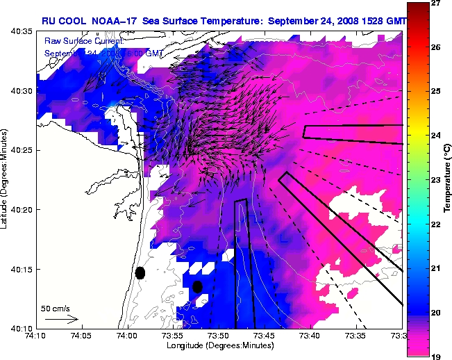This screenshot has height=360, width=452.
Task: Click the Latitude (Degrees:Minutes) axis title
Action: tap(6, 179)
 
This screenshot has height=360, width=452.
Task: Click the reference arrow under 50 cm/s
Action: tap(61, 320)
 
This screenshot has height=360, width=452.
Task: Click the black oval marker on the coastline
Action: tap(140, 272)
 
